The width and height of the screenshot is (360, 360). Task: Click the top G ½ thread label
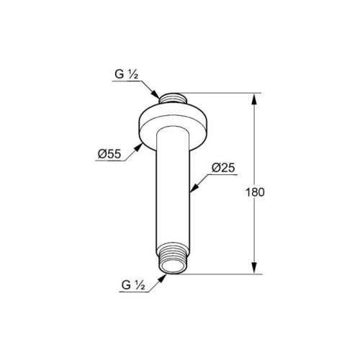(127, 74)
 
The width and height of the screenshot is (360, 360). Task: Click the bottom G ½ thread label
(133, 285)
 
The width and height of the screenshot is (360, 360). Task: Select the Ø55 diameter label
(109, 154)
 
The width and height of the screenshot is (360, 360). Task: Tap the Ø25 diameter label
(223, 168)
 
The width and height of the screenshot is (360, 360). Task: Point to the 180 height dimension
(255, 192)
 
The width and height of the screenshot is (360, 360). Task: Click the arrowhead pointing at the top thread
(156, 94)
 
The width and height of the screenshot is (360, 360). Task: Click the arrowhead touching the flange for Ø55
(138, 147)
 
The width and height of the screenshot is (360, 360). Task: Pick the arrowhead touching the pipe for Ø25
(194, 188)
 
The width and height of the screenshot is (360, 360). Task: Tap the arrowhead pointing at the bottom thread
(162, 278)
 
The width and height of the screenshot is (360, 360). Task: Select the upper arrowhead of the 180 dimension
(254, 99)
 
